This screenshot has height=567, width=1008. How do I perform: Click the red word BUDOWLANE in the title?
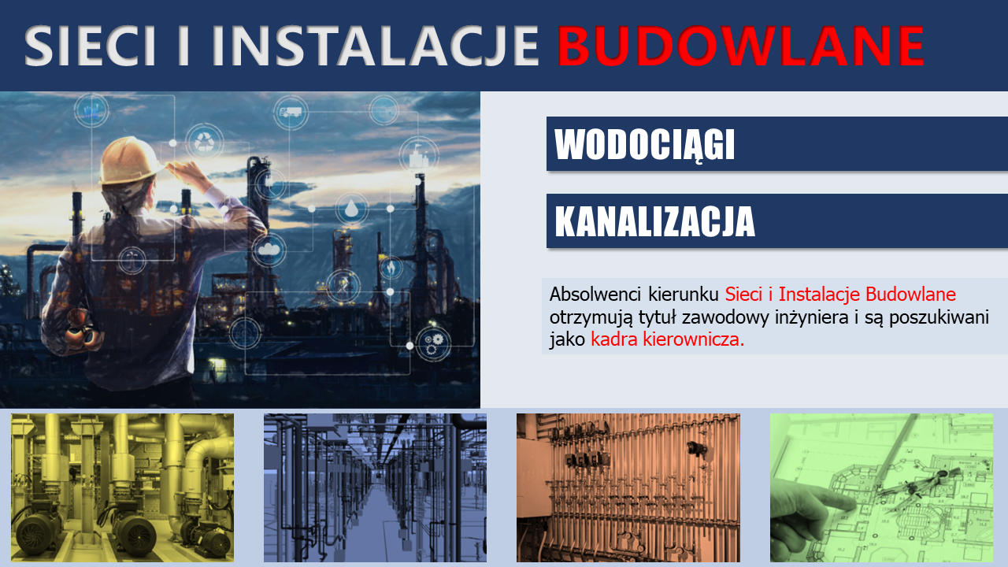[x=740, y=46]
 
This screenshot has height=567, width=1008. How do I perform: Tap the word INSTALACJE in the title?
[x=376, y=46]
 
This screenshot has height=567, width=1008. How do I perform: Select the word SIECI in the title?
[x=90, y=46]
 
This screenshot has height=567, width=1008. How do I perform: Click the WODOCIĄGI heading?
[x=644, y=144]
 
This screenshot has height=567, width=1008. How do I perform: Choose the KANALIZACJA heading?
[x=654, y=221]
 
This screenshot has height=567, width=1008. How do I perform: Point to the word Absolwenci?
[x=595, y=295]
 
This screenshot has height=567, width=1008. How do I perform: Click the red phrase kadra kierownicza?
[x=667, y=339]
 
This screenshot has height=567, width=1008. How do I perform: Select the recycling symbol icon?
[x=205, y=143]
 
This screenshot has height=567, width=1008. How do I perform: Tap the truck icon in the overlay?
[x=291, y=112]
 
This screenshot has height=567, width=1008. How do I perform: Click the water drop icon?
[x=351, y=209]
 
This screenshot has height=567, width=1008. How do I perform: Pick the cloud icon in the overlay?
[x=269, y=250]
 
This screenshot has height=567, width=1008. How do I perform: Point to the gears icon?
[x=433, y=344]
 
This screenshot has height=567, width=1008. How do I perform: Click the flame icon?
[x=391, y=268]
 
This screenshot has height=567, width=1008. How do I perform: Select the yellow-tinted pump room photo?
[x=122, y=487]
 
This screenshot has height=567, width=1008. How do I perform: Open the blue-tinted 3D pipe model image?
[x=375, y=487]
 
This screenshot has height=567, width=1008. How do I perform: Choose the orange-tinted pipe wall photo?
[x=628, y=487]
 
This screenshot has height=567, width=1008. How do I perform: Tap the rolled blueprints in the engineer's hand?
[x=83, y=331]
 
